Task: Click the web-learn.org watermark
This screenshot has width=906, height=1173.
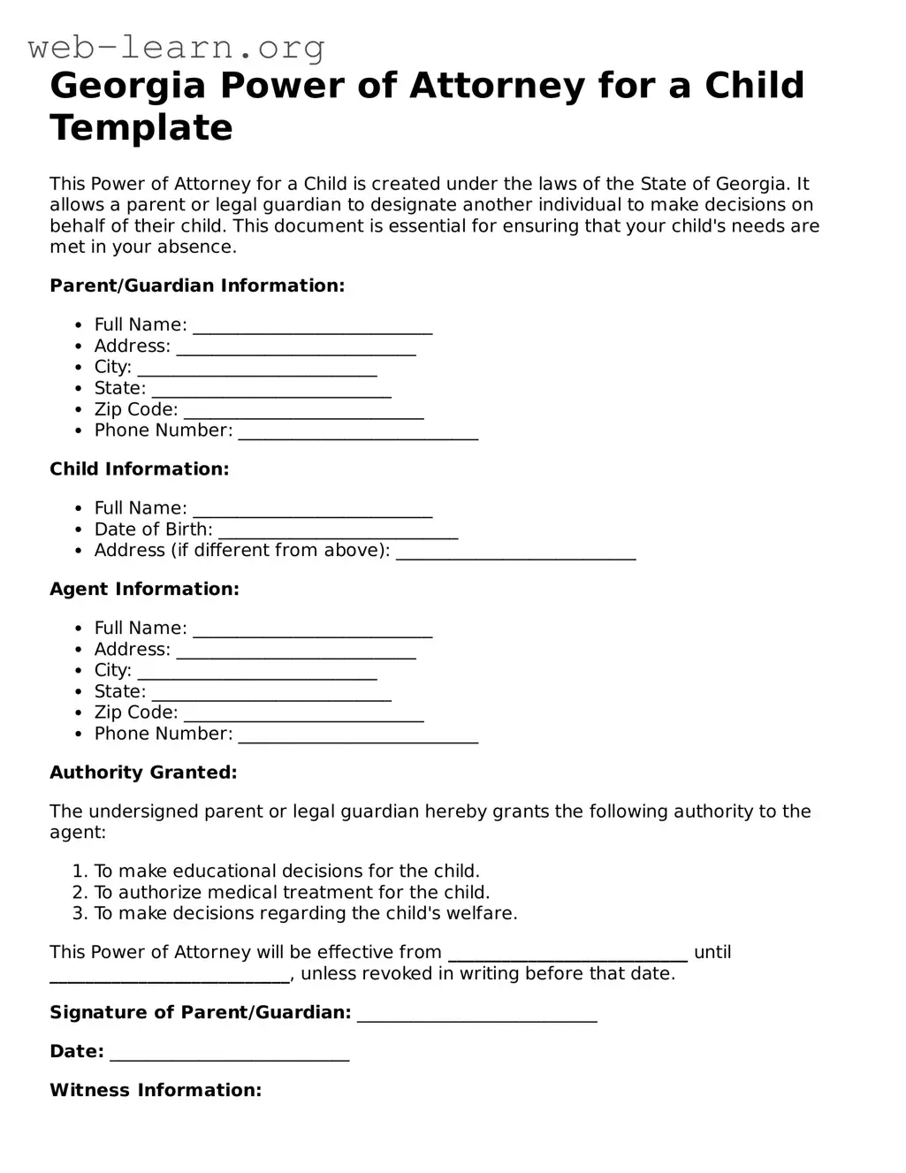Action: [x=177, y=47]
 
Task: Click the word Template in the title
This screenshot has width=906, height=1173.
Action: [x=141, y=128]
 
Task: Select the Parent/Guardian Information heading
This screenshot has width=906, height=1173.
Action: [x=197, y=286]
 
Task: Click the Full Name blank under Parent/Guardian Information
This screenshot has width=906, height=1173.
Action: [x=313, y=327]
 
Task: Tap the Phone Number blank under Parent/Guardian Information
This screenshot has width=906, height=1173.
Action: [x=358, y=432]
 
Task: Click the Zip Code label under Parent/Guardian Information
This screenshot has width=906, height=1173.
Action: [x=136, y=409]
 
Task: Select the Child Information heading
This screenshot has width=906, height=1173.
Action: [x=140, y=469]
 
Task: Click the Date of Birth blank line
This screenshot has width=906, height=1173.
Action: [x=338, y=531]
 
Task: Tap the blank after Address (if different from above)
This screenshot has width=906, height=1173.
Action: [x=515, y=552]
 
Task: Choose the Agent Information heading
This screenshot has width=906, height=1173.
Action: [x=144, y=590]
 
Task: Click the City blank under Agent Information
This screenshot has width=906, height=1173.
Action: [x=257, y=673]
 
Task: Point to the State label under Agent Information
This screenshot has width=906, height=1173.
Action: [x=120, y=691]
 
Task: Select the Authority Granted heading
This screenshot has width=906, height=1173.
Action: [x=143, y=773]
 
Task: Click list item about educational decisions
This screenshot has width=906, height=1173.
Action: [x=286, y=871]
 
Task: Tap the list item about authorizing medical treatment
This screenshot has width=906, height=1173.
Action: [x=292, y=892]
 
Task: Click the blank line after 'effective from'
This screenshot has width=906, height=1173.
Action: [x=567, y=955]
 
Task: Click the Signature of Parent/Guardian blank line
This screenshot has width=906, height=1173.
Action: [x=477, y=1015]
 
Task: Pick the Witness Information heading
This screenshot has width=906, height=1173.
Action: [x=156, y=1090]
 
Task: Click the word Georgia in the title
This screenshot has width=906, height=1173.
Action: [x=127, y=86]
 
